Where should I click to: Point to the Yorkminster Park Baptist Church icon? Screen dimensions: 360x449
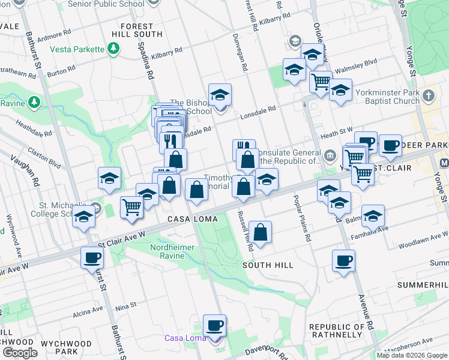(x=429, y=95)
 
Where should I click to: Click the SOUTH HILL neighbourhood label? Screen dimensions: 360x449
(x=268, y=265)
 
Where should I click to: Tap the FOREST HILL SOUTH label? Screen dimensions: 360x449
(x=142, y=26)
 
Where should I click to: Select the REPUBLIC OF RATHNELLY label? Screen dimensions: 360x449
(x=336, y=331)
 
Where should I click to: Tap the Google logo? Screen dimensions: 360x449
(x=20, y=352)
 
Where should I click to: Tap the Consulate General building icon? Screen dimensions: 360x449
(x=330, y=156)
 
